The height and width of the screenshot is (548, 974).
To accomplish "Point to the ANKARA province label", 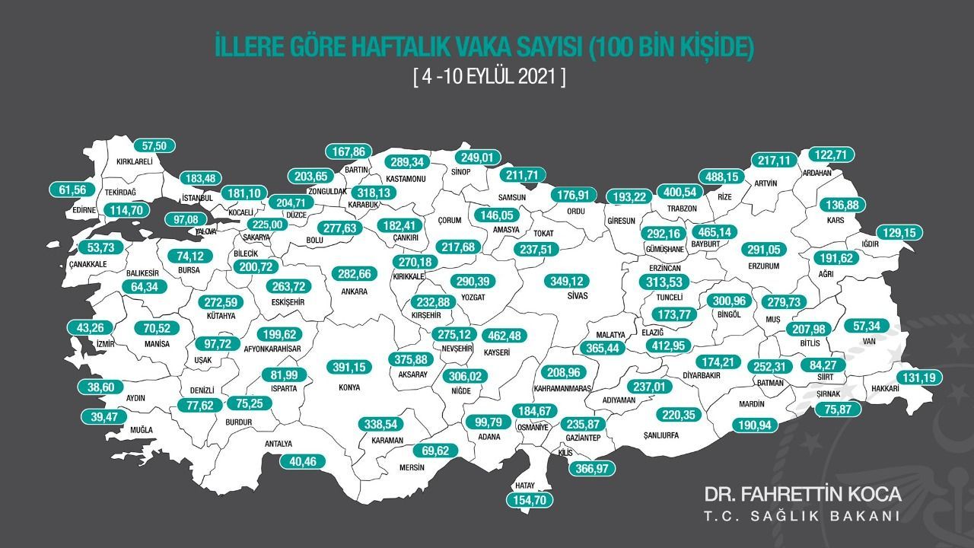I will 355,292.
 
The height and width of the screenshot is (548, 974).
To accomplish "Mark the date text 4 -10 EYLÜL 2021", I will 488,77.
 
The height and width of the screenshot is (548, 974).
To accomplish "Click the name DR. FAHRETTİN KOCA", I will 803,494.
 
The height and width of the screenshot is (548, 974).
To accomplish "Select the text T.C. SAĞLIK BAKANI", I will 803,517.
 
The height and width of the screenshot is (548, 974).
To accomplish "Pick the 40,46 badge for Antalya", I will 307,460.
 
